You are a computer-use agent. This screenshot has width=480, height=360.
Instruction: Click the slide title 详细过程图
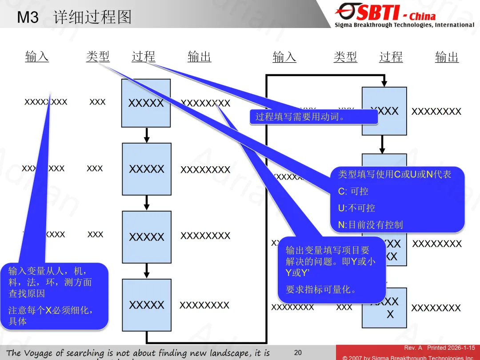tap(92, 17)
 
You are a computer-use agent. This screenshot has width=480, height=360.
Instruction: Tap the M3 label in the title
tap(28, 18)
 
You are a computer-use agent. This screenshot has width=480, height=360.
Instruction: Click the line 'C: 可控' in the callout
tap(353, 191)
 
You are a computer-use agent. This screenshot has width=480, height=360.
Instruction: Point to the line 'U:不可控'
tap(356, 208)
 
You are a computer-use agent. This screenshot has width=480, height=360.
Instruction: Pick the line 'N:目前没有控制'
tap(370, 225)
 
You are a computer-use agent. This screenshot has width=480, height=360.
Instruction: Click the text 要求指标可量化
tap(321, 290)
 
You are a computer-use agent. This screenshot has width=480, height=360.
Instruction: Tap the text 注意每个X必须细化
tap(51, 310)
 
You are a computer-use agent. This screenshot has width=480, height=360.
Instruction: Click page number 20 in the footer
tap(298, 352)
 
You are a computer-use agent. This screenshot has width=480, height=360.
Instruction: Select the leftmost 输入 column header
tap(37, 57)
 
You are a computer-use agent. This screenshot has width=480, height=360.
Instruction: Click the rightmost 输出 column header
tap(447, 57)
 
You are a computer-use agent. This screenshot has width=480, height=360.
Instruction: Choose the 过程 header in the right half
tap(391, 57)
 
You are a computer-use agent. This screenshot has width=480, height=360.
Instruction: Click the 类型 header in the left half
tap(98, 57)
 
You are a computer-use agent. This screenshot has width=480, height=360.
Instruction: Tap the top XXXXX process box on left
tap(146, 103)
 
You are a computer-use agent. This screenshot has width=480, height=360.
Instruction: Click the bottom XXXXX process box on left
tap(146, 305)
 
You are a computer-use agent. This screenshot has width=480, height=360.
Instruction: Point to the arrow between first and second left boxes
tap(147, 135)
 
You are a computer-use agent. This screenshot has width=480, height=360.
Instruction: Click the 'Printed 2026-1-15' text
tap(451, 348)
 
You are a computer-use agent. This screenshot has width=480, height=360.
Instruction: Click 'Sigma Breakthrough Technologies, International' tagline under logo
tap(404, 25)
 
